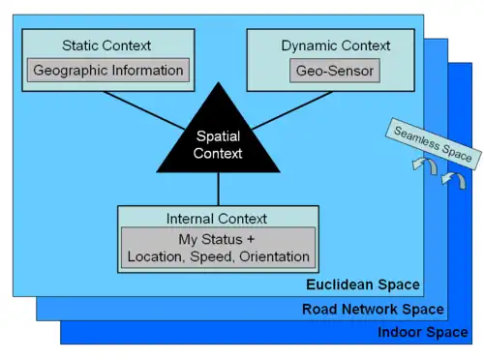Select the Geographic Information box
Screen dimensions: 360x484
tap(108, 70)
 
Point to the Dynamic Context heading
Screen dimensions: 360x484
tap(336, 45)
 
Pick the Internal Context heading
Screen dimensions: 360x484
tap(217, 219)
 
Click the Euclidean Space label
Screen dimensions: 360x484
tap(363, 285)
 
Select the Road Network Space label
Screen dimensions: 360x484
tap(373, 310)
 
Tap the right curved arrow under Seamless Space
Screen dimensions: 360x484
tap(448, 181)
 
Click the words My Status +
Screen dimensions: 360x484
tap(218, 239)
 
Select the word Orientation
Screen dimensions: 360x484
tap(271, 256)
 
